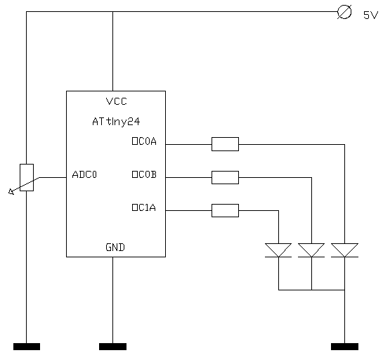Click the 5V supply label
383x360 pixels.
[x=370, y=15]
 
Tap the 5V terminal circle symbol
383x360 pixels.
[x=344, y=12]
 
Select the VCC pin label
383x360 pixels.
[x=117, y=101]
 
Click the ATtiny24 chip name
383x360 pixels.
[x=116, y=122]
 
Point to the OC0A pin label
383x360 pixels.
[x=144, y=141]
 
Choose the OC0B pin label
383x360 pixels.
[x=144, y=174]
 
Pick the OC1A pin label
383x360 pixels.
[x=144, y=207]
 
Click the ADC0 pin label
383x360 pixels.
[x=84, y=174]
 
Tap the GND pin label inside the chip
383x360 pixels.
[x=115, y=247]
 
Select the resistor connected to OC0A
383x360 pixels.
[x=225, y=144]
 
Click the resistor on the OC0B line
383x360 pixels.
[x=225, y=177]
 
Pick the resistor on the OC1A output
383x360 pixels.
[x=225, y=210]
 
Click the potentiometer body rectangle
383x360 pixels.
[x=27, y=177]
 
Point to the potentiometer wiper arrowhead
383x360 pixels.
[x=11, y=192]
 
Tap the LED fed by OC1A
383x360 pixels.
[x=278, y=250]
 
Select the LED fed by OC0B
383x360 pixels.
[x=311, y=250]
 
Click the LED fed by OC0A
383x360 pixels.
[x=344, y=250]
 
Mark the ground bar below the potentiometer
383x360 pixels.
[x=27, y=347]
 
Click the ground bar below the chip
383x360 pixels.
[x=113, y=347]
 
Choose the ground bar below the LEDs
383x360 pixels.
[x=344, y=347]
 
